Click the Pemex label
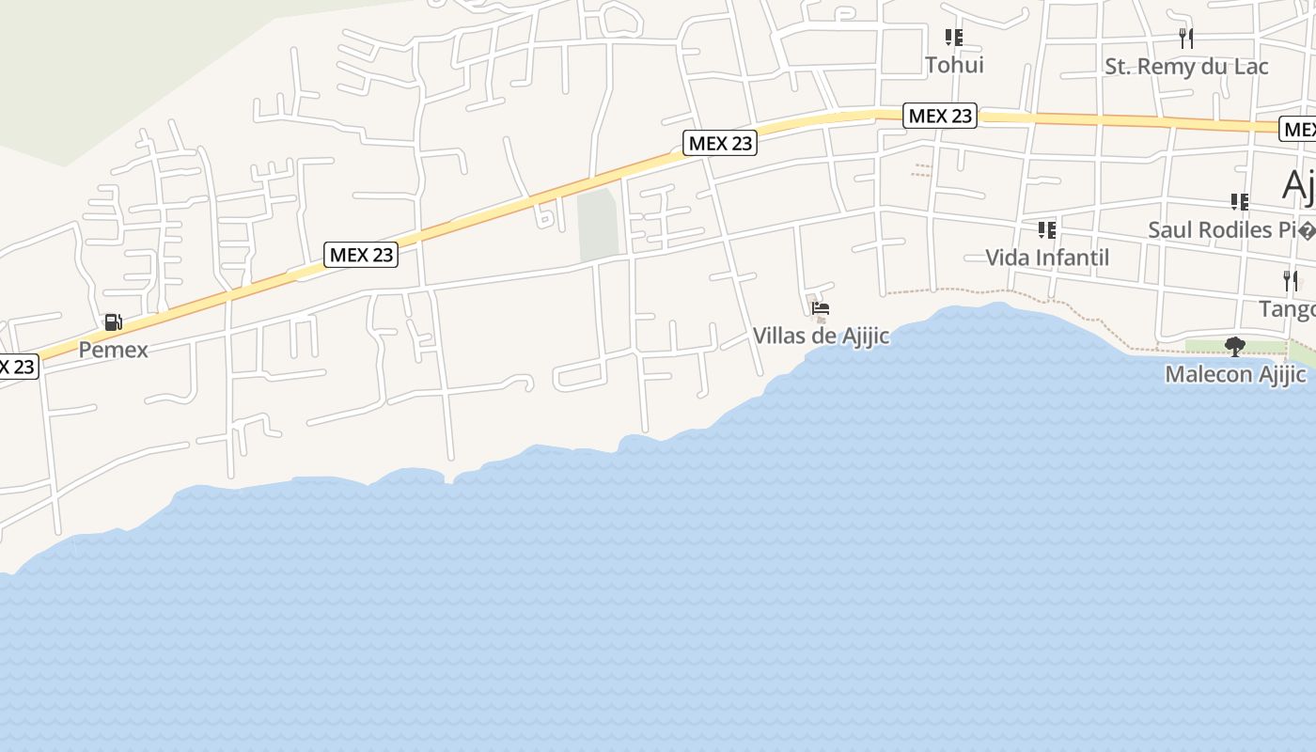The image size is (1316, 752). tap(113, 350)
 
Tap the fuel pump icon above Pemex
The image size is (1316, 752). tap(113, 323)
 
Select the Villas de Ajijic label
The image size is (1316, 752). tap(821, 336)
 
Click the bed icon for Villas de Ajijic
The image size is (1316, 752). tap(821, 308)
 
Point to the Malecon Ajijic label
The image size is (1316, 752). tap(1234, 374)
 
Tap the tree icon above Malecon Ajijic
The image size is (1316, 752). tap(1235, 347)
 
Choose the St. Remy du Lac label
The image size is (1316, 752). tap(1186, 66)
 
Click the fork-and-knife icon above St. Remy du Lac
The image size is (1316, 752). tap(1186, 39)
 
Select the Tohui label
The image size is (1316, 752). tap(954, 65)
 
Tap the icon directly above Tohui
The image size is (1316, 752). tap(954, 38)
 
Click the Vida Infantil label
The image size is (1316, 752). tap(1046, 258)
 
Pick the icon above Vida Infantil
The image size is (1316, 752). tap(1046, 230)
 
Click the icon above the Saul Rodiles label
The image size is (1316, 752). tap(1240, 202)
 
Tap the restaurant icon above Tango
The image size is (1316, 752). tap(1291, 281)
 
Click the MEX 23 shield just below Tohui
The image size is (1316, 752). tap(940, 116)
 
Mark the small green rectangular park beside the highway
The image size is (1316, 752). tap(598, 226)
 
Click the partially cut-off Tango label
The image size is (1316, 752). tap(1287, 309)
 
